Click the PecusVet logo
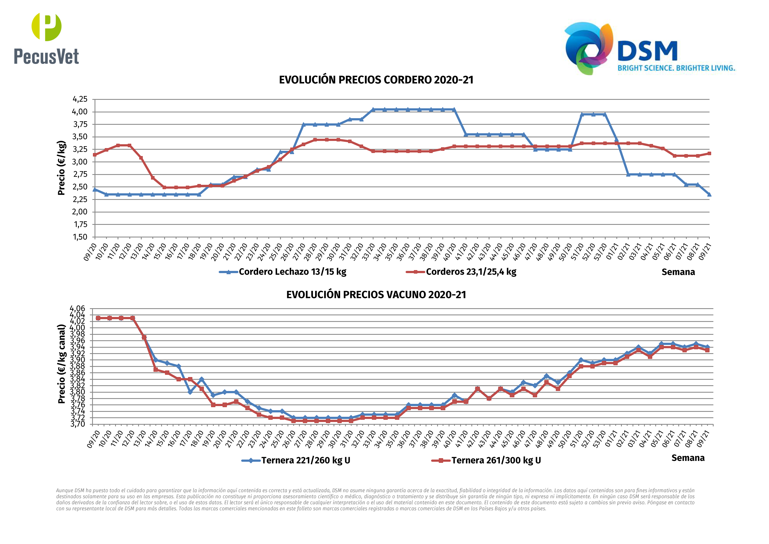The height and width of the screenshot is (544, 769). click(46, 39)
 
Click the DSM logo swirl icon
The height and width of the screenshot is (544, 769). click(588, 48)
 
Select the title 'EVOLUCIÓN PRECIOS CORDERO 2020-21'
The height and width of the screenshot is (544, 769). click(376, 80)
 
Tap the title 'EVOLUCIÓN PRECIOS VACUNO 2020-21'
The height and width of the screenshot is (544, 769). click(376, 295)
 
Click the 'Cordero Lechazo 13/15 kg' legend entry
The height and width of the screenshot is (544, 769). click(292, 272)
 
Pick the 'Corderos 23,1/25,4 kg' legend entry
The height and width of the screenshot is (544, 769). click(471, 272)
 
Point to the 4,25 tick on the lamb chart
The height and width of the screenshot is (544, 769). click(80, 99)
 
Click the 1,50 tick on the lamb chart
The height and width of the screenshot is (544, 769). click(80, 237)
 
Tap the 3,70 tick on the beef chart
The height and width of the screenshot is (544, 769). click(78, 424)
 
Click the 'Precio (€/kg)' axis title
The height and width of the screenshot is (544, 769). click(61, 168)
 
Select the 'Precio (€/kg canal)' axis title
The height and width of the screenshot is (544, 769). click(61, 364)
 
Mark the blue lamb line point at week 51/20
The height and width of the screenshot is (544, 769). click(582, 114)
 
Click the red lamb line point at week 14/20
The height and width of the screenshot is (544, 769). click(153, 178)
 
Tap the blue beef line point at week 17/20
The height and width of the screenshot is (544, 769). click(190, 392)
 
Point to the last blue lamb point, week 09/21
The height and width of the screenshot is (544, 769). click(709, 194)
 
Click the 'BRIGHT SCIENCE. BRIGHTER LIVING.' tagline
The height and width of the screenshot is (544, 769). click(676, 68)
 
